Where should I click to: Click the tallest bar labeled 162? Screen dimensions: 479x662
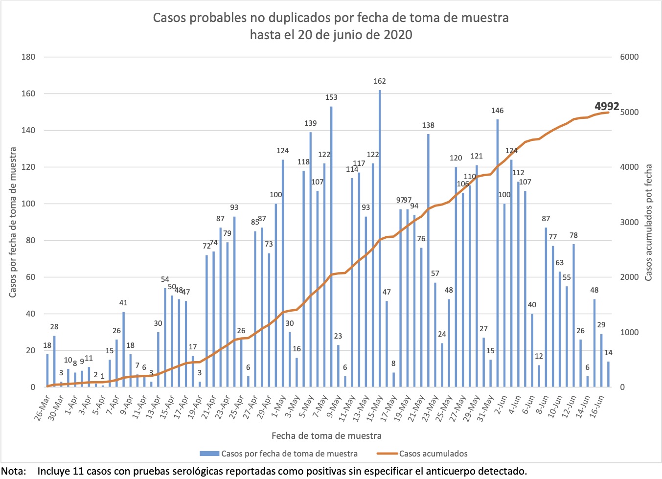(x=380, y=235)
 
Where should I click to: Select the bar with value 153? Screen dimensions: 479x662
(x=331, y=245)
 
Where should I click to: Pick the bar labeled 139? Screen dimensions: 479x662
(x=311, y=259)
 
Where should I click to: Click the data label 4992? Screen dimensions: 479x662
(x=607, y=106)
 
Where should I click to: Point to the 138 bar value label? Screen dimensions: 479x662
(x=428, y=125)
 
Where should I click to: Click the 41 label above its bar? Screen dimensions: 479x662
(x=123, y=303)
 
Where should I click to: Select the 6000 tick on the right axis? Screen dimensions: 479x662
(x=629, y=57)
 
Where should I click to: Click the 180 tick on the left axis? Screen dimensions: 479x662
(x=28, y=57)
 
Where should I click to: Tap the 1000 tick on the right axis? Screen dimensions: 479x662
(x=629, y=332)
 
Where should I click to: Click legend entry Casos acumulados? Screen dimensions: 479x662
(x=433, y=454)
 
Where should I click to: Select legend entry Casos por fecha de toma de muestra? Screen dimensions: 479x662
(x=289, y=454)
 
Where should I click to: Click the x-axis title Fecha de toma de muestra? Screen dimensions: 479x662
(x=326, y=435)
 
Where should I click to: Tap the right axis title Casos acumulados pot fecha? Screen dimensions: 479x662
(x=648, y=223)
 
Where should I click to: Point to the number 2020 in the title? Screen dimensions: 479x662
(x=397, y=35)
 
